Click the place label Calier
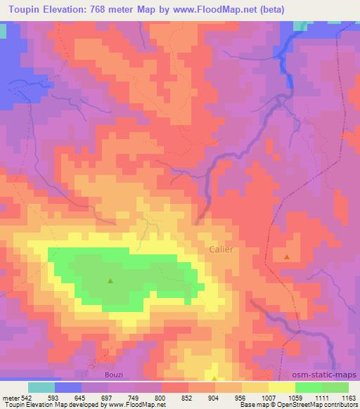[221, 249]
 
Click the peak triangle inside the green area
[110, 281]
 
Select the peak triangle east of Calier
[287, 257]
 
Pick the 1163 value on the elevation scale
[348, 397]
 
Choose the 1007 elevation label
[267, 397]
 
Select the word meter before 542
[11, 397]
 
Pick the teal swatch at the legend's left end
[41, 387]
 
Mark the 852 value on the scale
[187, 397]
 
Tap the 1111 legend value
[321, 397]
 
